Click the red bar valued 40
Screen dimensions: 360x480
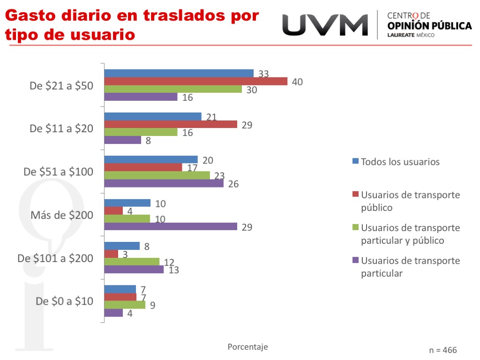pyautogui.click(x=195, y=81)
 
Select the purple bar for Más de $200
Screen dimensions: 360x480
pyautogui.click(x=171, y=226)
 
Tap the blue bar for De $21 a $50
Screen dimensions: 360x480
pyautogui.click(x=179, y=73)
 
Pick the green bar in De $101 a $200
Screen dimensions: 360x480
pyautogui.click(x=132, y=262)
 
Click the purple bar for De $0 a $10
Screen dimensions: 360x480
pyautogui.click(x=113, y=313)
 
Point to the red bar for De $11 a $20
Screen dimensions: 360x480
pyautogui.click(x=171, y=124)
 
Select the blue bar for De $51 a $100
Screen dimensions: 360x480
pyautogui.click(x=151, y=160)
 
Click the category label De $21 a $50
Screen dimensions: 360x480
pyautogui.click(x=61, y=86)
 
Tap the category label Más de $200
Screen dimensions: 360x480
pyautogui.click(x=62, y=215)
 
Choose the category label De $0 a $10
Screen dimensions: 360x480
pyautogui.click(x=65, y=301)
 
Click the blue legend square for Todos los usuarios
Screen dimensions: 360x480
pyautogui.click(x=355, y=161)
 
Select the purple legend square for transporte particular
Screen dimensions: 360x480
pyautogui.click(x=355, y=260)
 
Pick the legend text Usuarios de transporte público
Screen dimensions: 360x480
pyautogui.click(x=410, y=201)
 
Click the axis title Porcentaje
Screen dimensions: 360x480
pyautogui.click(x=247, y=347)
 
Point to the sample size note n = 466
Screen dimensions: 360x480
pyautogui.click(x=442, y=350)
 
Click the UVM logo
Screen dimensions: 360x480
pyautogui.click(x=325, y=25)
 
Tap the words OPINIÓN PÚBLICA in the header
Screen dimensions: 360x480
pyautogui.click(x=429, y=26)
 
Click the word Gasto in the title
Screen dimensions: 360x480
pyautogui.click(x=30, y=15)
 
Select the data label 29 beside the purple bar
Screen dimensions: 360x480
pyautogui.click(x=247, y=227)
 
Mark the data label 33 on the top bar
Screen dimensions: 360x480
pyautogui.click(x=263, y=74)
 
